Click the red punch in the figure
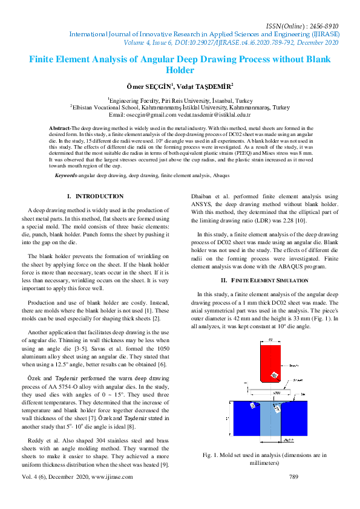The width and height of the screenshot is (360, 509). point(269,363)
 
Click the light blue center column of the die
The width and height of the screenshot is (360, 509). point(270,423)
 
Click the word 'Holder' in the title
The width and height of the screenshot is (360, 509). point(180,70)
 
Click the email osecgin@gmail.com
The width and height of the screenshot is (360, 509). point(150,114)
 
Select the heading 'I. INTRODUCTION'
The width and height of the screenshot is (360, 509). point(95,196)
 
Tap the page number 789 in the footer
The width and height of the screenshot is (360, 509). point(294,477)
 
